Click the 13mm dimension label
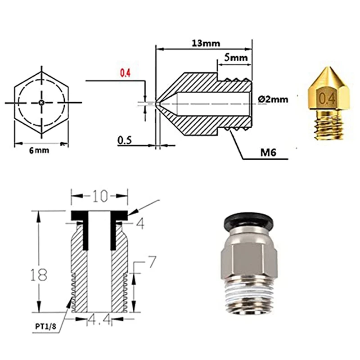[206, 43]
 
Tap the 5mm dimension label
[236, 58]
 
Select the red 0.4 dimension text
[126, 73]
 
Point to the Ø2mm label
[273, 99]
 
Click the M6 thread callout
[268, 153]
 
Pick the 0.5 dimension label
[125, 140]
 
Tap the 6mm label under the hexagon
[39, 150]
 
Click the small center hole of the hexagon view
[41, 103]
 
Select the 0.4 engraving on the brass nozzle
[327, 99]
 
